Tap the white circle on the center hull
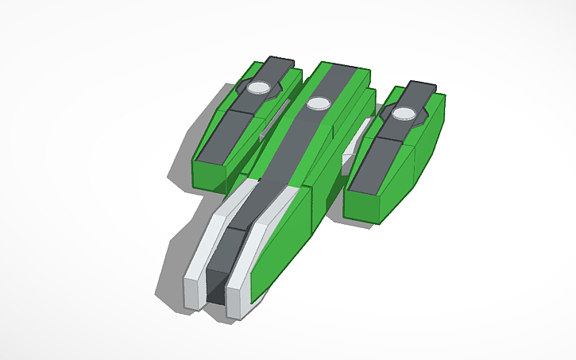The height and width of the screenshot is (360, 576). pos(319,103)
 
